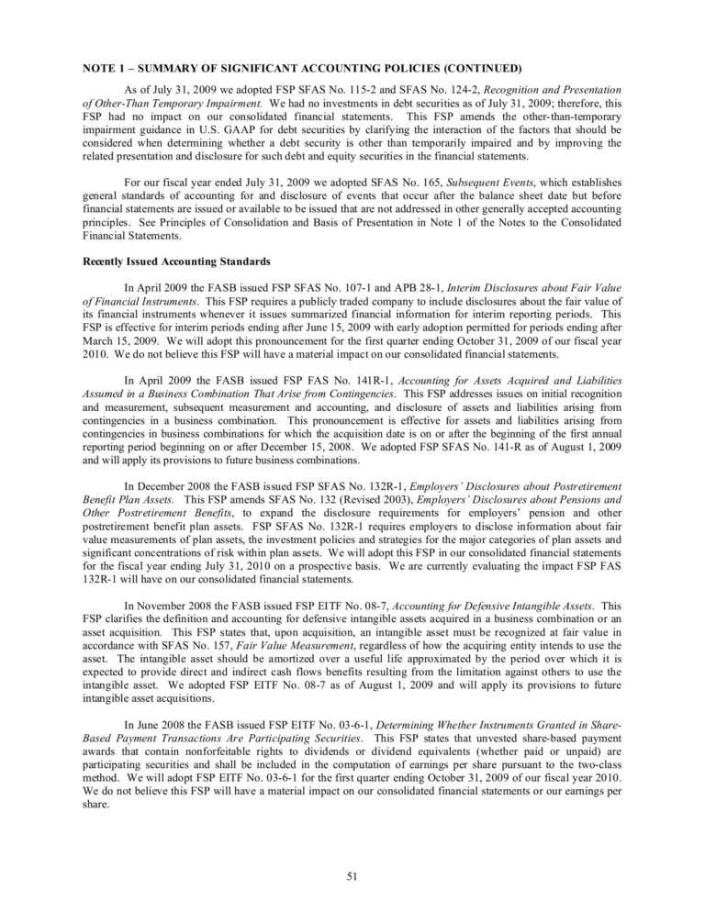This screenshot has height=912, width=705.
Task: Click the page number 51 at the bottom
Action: [352, 876]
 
